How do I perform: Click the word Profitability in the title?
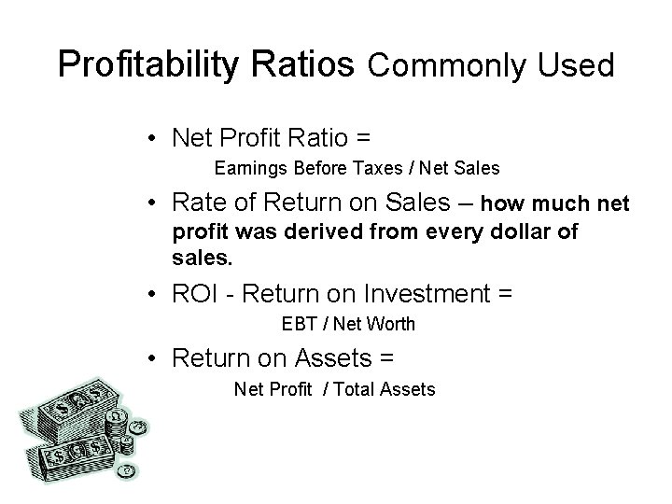click(142, 64)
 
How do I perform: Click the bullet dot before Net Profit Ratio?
click(151, 138)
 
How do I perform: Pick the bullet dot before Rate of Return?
click(151, 204)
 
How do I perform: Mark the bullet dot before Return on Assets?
click(151, 357)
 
